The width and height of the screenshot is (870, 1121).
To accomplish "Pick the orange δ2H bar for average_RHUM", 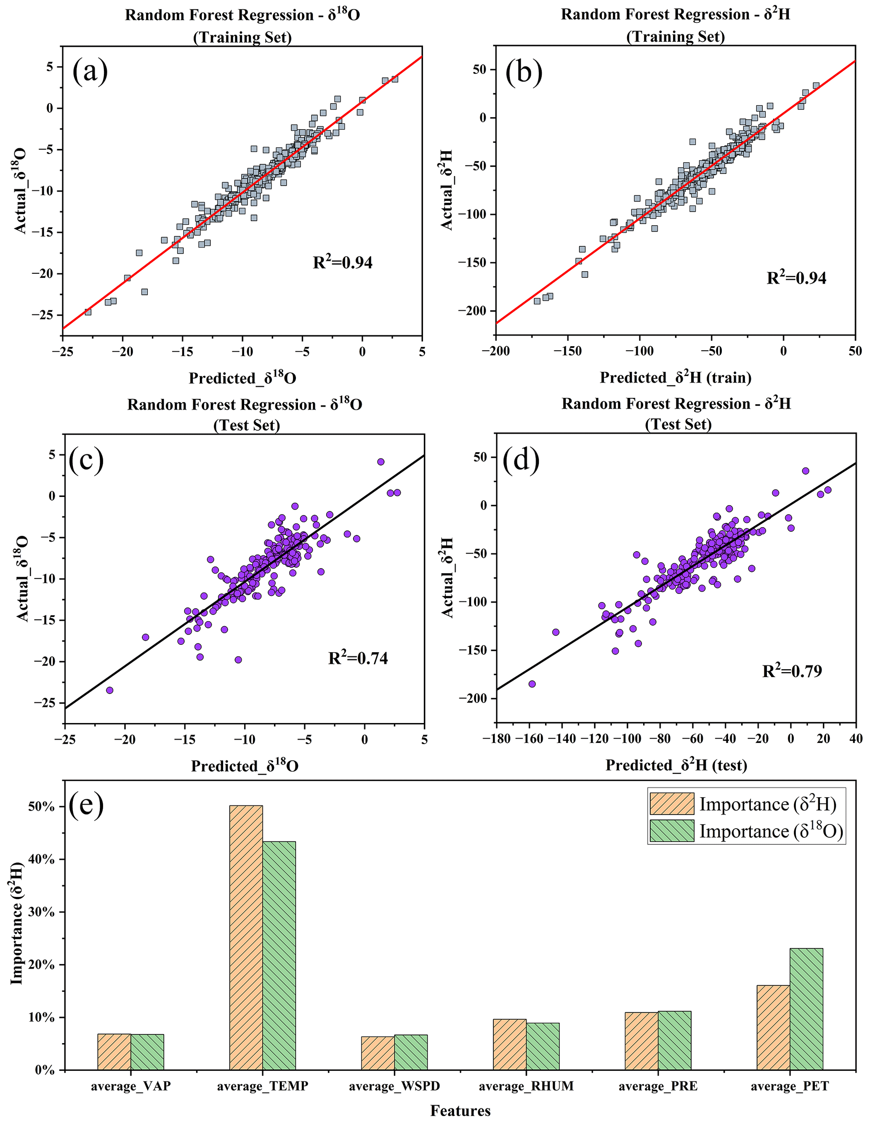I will click(509, 1044).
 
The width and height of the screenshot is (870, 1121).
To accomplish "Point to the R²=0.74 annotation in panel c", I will click(358, 658).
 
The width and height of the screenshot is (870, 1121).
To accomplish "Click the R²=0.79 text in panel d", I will click(792, 671).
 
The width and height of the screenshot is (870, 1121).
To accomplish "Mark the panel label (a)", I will click(90, 71).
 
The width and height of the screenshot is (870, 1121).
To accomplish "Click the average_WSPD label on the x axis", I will click(394, 1086).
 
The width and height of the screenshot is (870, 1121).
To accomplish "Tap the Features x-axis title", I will click(460, 1111).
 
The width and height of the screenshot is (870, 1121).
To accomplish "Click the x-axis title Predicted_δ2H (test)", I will click(676, 765).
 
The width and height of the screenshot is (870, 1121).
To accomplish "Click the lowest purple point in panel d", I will click(532, 684).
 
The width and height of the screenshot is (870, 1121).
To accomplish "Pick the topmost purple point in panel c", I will click(380, 462).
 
